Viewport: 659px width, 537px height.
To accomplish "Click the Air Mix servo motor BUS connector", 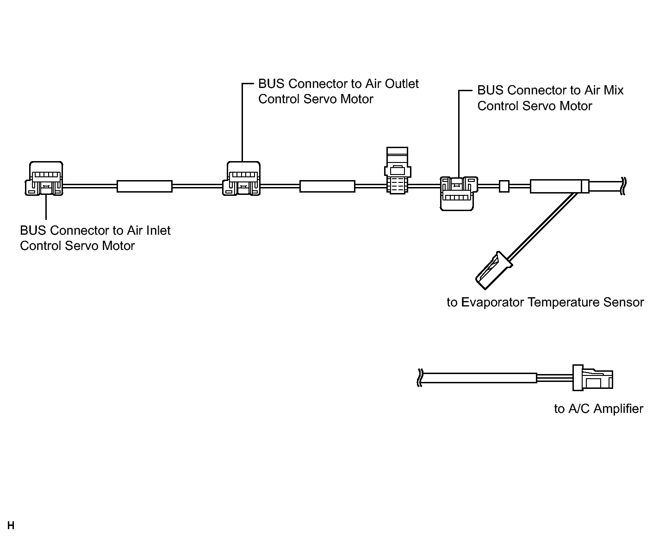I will pyautogui.click(x=457, y=194).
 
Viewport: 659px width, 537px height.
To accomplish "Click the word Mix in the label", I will pyautogui.click(x=614, y=90).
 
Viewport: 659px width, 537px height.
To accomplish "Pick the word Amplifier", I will pyautogui.click(x=618, y=409).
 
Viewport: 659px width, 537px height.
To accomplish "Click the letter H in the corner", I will pyautogui.click(x=11, y=525).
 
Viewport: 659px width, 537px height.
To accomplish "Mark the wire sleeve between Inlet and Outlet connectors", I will pyautogui.click(x=144, y=187).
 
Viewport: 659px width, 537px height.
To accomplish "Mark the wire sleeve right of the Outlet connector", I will pyautogui.click(x=327, y=187).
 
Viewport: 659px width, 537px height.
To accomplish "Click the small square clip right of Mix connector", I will pyautogui.click(x=504, y=187).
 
